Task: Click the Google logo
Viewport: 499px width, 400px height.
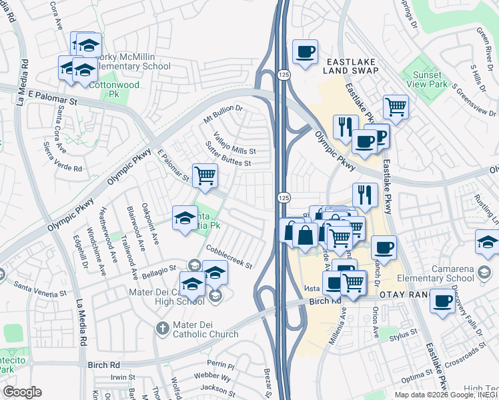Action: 22,392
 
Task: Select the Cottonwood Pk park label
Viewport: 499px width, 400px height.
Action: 115,89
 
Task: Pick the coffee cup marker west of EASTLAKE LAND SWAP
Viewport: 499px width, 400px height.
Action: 305,51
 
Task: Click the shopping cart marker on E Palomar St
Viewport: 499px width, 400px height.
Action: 205,176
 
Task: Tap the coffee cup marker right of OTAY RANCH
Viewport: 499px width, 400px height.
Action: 442,301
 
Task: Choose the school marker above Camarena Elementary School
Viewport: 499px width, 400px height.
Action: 488,243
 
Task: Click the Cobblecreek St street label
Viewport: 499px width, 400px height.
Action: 229,256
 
